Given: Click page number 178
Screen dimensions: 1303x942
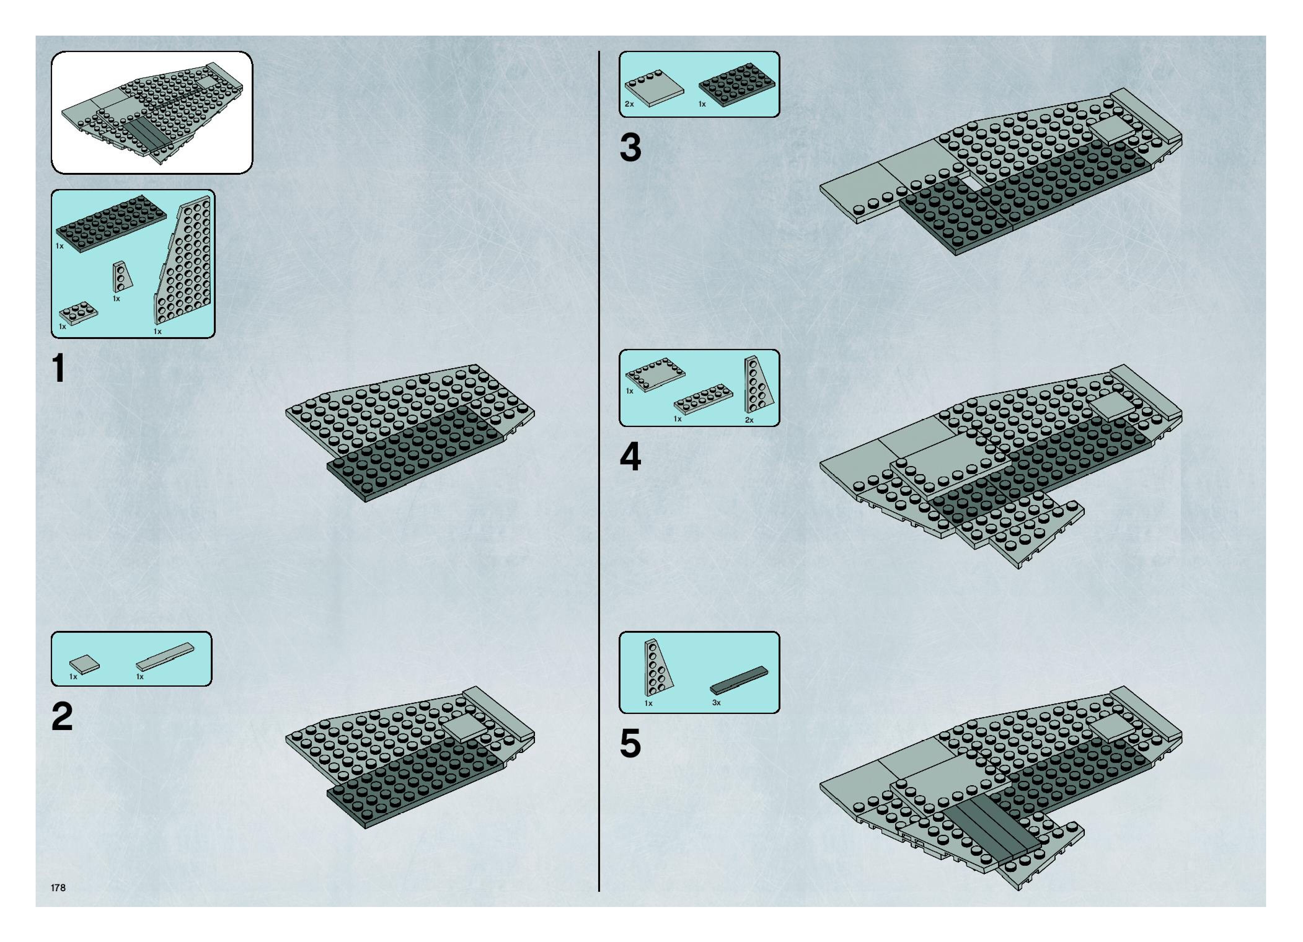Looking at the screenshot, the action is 58,887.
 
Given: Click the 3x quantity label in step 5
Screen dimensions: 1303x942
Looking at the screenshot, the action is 716,702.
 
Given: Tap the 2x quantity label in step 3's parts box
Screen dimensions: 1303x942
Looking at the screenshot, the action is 629,104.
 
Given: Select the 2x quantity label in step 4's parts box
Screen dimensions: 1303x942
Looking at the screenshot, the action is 749,420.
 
